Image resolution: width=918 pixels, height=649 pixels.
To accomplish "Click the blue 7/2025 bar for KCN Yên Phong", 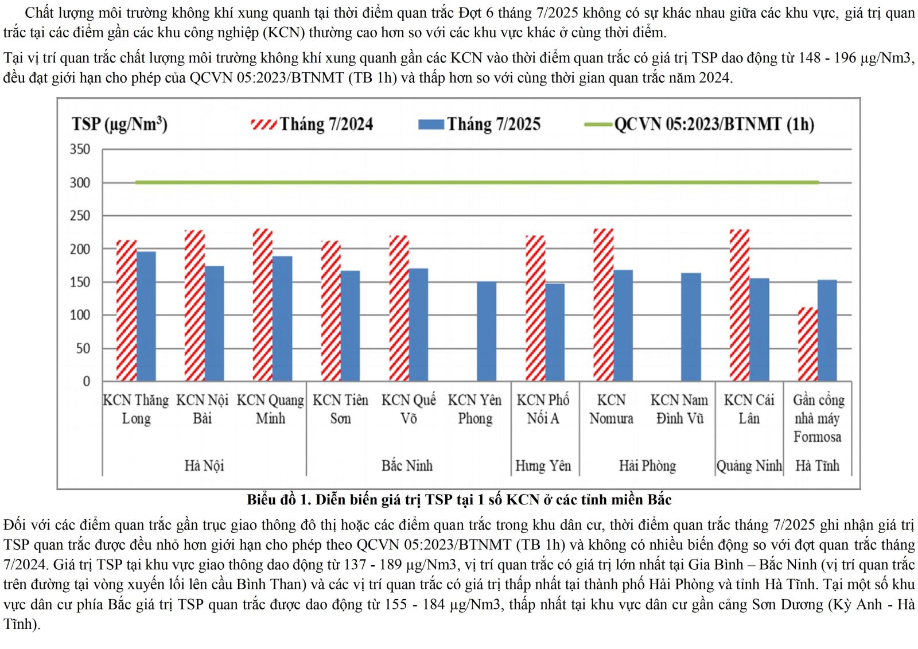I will (487, 331).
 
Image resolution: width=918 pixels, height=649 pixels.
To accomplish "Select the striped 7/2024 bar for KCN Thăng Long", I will (126, 310).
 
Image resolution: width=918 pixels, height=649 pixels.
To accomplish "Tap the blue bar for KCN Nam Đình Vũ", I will (691, 327).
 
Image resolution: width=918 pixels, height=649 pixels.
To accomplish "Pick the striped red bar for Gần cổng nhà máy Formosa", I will (808, 344).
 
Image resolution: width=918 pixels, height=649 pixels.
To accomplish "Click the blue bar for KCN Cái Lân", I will (759, 330).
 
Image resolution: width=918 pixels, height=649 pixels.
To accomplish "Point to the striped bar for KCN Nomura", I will (604, 305).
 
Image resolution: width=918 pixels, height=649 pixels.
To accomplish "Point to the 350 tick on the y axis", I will (80, 149).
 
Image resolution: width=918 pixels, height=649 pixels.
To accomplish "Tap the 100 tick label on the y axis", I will (80, 315).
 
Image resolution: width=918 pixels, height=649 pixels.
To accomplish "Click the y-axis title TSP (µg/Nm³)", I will (119, 125).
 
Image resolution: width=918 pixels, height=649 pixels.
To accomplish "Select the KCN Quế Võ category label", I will (409, 409).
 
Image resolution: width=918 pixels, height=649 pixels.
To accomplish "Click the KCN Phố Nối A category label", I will (543, 409).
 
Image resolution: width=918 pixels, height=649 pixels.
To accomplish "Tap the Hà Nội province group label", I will (204, 465).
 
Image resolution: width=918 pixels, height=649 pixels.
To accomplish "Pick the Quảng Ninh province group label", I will (749, 465).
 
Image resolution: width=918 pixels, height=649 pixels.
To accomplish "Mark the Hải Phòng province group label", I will (647, 465).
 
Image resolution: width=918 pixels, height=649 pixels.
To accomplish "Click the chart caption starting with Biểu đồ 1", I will (459, 500).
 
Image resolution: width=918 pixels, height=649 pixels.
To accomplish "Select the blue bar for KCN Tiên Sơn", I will (350, 326).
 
